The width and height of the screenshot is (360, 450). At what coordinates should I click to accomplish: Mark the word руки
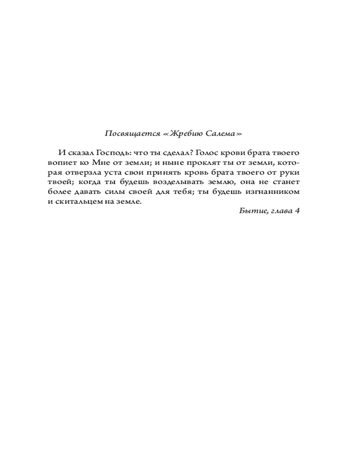click(289, 172)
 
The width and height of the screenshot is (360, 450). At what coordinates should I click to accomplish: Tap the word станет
click(284, 182)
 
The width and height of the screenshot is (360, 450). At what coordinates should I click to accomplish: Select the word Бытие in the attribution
click(251, 211)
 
